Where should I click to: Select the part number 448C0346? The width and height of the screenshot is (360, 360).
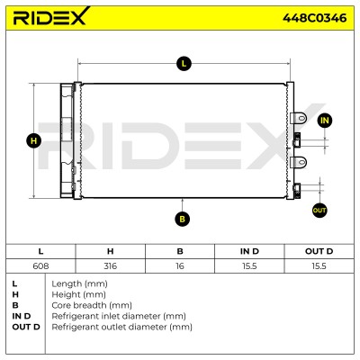[x=315, y=18]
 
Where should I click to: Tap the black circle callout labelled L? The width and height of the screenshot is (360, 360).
[x=184, y=64]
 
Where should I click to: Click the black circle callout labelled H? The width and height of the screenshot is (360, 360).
[x=34, y=140]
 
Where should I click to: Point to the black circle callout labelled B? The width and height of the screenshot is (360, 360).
[x=183, y=219]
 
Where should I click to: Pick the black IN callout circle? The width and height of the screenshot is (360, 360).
[x=325, y=121]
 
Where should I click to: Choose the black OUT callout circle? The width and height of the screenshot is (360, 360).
[x=319, y=211]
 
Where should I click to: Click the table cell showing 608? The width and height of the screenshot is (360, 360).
[x=40, y=265]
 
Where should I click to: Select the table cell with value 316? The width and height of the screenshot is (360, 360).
[x=111, y=265]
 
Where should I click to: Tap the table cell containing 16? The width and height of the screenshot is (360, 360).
[x=180, y=265]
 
